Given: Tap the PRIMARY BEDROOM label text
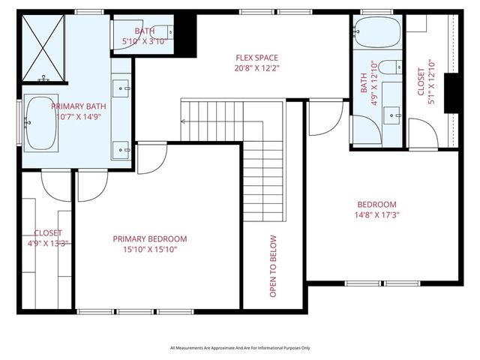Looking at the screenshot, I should click(150, 238).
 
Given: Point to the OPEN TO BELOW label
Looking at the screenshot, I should click(273, 266).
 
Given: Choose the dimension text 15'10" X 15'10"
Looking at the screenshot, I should click(150, 250).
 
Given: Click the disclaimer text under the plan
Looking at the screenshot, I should click(240, 348).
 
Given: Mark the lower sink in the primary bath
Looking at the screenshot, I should click(121, 148).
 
